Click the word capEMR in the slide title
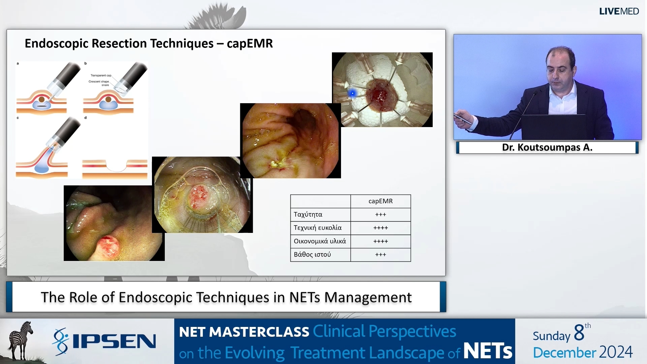[250, 43]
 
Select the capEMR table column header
[380, 201]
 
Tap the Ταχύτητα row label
[308, 214]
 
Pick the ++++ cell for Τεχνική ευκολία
[380, 228]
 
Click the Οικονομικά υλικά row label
[320, 241]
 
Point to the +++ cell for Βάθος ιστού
[380, 254]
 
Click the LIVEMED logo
[619, 11]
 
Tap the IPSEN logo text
[114, 341]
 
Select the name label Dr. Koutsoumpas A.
[547, 147]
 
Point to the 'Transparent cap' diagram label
[101, 75]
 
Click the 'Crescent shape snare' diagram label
[99, 83]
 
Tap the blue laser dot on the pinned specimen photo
[352, 93]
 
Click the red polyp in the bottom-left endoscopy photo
[109, 248]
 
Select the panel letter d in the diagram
[86, 118]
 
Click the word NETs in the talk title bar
[305, 297]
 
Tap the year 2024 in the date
[616, 352]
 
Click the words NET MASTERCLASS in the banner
[244, 332]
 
